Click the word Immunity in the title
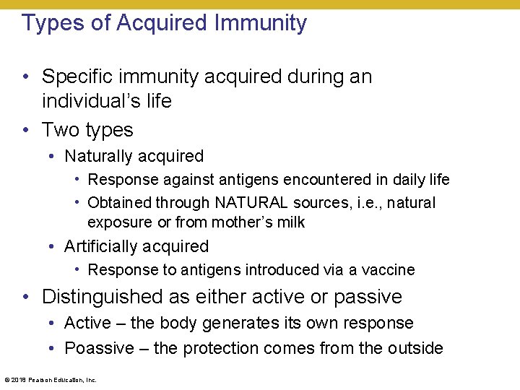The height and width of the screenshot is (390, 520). [x=261, y=23]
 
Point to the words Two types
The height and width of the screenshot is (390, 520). [x=87, y=130]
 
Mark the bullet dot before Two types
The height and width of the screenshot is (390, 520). [x=25, y=130]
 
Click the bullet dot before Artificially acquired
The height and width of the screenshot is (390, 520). [x=53, y=247]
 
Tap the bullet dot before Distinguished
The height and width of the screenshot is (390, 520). [x=25, y=297]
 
